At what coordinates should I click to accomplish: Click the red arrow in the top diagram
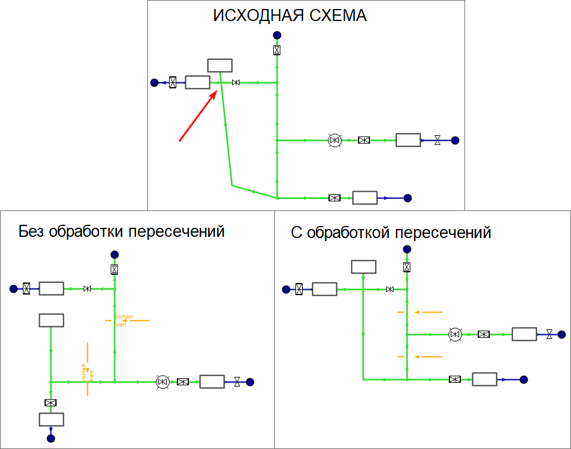[x=198, y=117]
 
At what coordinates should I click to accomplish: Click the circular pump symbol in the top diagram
[x=335, y=140]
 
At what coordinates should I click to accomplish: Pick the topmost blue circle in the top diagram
[x=277, y=35]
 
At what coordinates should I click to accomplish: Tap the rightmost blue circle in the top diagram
[x=455, y=140]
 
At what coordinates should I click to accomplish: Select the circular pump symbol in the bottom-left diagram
[x=162, y=382]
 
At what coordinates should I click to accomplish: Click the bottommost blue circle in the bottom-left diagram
[x=51, y=438]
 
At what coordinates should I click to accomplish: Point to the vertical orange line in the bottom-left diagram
[x=88, y=368]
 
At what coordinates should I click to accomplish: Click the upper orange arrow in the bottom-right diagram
[x=428, y=312]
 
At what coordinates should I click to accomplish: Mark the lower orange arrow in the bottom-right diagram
[x=428, y=356]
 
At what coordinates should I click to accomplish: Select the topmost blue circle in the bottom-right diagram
[x=407, y=249]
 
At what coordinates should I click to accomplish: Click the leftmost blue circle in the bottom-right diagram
[x=286, y=290]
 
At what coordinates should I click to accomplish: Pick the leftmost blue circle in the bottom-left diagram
[x=13, y=289]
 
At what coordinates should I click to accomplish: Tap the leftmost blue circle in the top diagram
[x=154, y=82]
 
